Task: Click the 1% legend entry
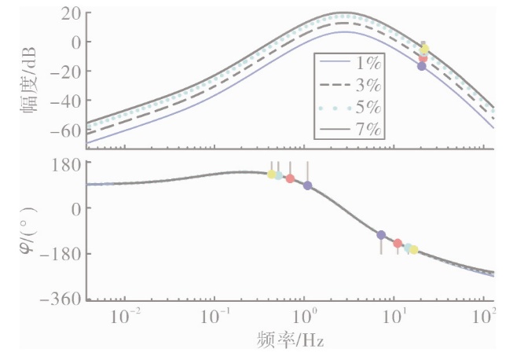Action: [x=350, y=63]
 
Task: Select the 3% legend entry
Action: [x=350, y=85]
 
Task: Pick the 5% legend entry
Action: [x=350, y=108]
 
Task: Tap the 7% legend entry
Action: [x=350, y=129]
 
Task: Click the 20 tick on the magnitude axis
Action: [x=71, y=14]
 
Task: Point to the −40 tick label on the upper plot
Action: [x=66, y=101]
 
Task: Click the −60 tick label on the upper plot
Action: [x=66, y=131]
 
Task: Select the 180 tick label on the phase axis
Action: [x=66, y=165]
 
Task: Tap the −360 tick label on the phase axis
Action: [x=60, y=299]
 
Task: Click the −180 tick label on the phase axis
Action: [x=60, y=254]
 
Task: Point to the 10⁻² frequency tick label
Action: [x=126, y=316]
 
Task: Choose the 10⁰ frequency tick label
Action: [x=305, y=316]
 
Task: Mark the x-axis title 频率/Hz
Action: [x=290, y=340]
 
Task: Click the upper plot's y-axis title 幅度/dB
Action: [x=28, y=79]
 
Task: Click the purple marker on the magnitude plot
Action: [x=422, y=66]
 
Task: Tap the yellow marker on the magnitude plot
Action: [x=424, y=49]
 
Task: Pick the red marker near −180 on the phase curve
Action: [x=398, y=243]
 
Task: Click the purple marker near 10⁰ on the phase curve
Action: [x=307, y=186]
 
